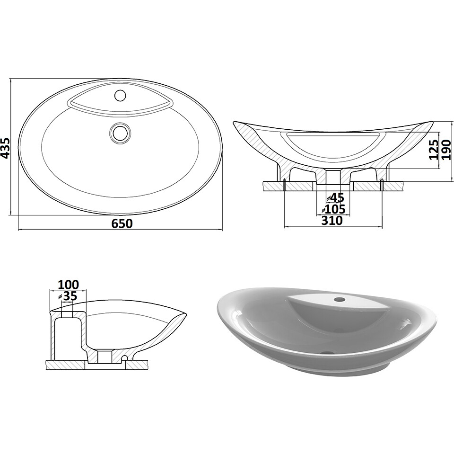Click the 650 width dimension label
122,223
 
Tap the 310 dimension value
332,221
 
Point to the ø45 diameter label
335,197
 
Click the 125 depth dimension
434,150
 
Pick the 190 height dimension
447,150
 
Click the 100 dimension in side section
68,285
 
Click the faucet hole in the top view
120,95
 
